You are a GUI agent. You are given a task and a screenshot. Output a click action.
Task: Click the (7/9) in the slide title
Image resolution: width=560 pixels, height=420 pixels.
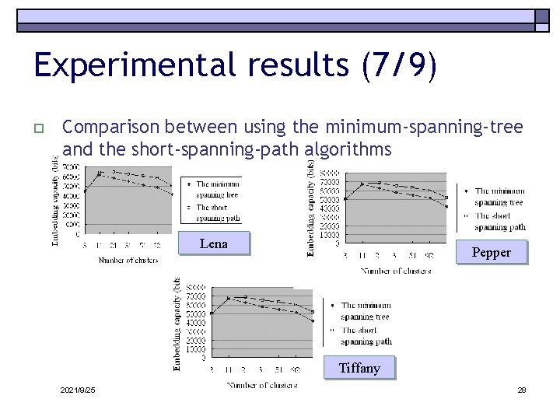point(399,65)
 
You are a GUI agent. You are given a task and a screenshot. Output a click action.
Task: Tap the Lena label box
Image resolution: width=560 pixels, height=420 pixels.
point(213,243)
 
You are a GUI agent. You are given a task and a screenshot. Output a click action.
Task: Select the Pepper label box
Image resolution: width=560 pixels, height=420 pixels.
point(491,252)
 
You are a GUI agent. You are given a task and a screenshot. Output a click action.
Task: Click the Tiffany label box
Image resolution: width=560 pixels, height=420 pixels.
point(359,368)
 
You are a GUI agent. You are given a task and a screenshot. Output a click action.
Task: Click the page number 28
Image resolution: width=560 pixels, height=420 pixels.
point(522,389)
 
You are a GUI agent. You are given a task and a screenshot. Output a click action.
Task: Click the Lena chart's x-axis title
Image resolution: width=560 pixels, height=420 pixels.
point(128,260)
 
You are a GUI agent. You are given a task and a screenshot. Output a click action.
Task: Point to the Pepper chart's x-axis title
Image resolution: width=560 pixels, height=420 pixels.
point(395,271)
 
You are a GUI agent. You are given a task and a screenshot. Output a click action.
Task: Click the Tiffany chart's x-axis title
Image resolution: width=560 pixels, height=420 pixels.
point(261,384)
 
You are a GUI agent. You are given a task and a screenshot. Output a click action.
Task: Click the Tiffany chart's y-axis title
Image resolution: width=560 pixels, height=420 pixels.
point(177,322)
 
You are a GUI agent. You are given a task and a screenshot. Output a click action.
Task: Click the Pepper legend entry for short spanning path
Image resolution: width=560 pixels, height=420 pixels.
point(498,222)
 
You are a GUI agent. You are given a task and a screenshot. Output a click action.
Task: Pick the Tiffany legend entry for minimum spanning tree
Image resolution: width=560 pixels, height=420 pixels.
point(364,311)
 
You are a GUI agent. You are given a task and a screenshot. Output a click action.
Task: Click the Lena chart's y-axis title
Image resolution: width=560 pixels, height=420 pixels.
point(55,201)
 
